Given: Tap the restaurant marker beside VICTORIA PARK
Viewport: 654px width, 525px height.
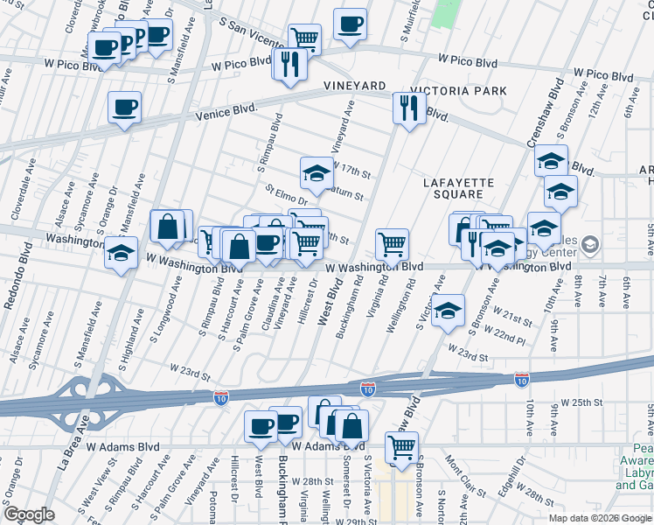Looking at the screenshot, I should click(409, 108).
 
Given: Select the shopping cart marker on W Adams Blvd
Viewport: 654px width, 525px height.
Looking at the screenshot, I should click(401, 447).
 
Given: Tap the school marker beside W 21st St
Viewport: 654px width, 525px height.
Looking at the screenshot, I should click(448, 310).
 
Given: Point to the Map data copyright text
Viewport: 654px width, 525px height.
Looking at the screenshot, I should click(599, 517).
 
